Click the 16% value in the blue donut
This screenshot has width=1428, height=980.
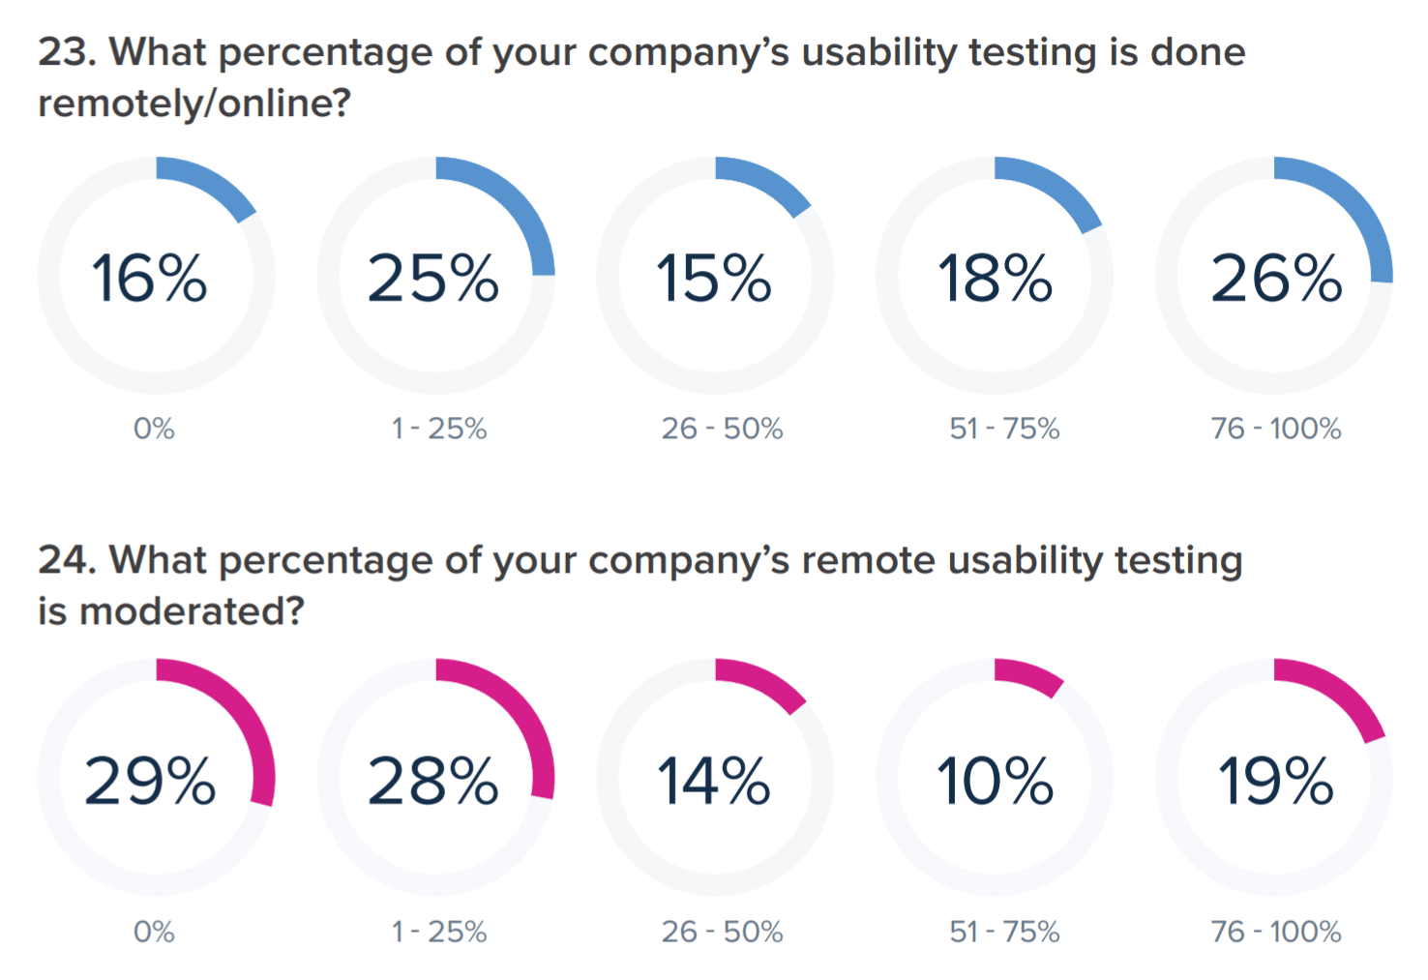pyautogui.click(x=149, y=279)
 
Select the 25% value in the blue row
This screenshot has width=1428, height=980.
pyautogui.click(x=432, y=279)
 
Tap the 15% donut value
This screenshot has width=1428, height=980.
pyautogui.click(x=714, y=279)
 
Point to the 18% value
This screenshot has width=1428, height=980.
pyautogui.click(x=995, y=279)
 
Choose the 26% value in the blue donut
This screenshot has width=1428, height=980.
pyautogui.click(x=1276, y=279)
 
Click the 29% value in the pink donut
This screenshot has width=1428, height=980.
pyautogui.click(x=150, y=781)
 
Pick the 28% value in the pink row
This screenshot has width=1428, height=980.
pyautogui.click(x=432, y=781)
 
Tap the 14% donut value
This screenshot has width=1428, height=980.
pyautogui.click(x=714, y=781)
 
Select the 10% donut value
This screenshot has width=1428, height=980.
pyautogui.click(x=995, y=781)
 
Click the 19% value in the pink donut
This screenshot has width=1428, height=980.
pyautogui.click(x=1276, y=781)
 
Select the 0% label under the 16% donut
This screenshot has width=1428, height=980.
pyautogui.click(x=154, y=429)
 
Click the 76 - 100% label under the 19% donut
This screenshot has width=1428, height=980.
pyautogui.click(x=1275, y=932)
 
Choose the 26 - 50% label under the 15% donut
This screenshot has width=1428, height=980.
pyautogui.click(x=722, y=429)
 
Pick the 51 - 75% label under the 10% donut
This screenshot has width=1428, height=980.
pyautogui.click(x=1004, y=932)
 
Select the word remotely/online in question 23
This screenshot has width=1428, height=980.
pyautogui.click(x=193, y=104)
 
